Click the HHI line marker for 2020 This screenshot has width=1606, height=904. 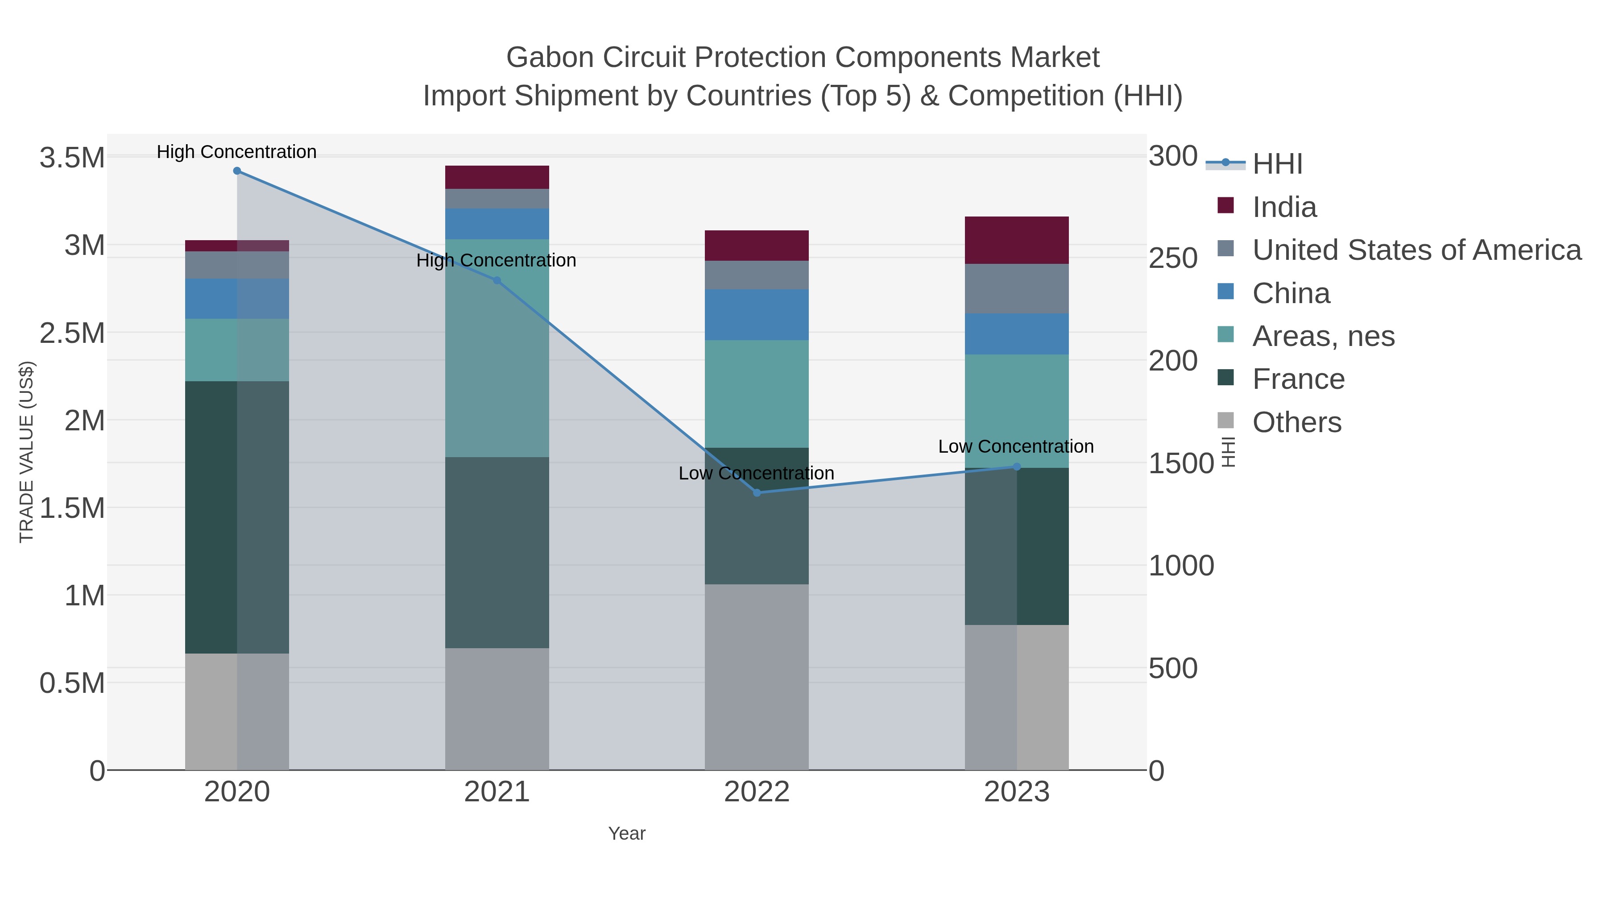(x=237, y=171)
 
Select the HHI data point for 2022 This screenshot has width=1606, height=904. (x=757, y=493)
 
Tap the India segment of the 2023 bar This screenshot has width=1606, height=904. (x=1017, y=240)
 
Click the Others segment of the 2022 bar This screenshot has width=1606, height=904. (x=757, y=677)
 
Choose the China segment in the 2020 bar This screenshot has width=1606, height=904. (x=237, y=299)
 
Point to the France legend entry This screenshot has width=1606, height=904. (x=1298, y=379)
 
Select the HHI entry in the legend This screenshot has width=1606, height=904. (x=1277, y=164)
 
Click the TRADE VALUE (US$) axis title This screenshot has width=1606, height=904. (x=26, y=452)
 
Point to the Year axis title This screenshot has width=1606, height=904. (x=627, y=833)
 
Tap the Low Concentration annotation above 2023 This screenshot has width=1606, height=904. (x=1016, y=447)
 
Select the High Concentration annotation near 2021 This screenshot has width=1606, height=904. (x=496, y=261)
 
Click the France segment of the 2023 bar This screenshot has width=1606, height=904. (x=1017, y=546)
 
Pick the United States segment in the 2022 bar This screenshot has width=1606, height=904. (x=757, y=275)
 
